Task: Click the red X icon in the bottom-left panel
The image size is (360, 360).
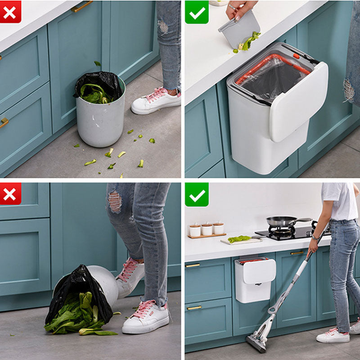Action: click(x=10, y=193)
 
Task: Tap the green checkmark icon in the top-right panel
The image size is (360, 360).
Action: click(x=197, y=12)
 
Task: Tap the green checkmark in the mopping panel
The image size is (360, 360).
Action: click(x=197, y=194)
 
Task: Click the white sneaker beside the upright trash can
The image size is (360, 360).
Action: click(x=156, y=101)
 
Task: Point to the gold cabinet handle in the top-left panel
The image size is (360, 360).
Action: click(x=81, y=7)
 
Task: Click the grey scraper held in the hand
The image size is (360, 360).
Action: click(x=238, y=30)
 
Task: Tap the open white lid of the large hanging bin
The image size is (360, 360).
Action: click(x=299, y=101)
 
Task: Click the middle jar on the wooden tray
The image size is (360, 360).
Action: click(x=207, y=229)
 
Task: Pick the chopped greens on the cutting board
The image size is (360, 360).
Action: click(x=239, y=238)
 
